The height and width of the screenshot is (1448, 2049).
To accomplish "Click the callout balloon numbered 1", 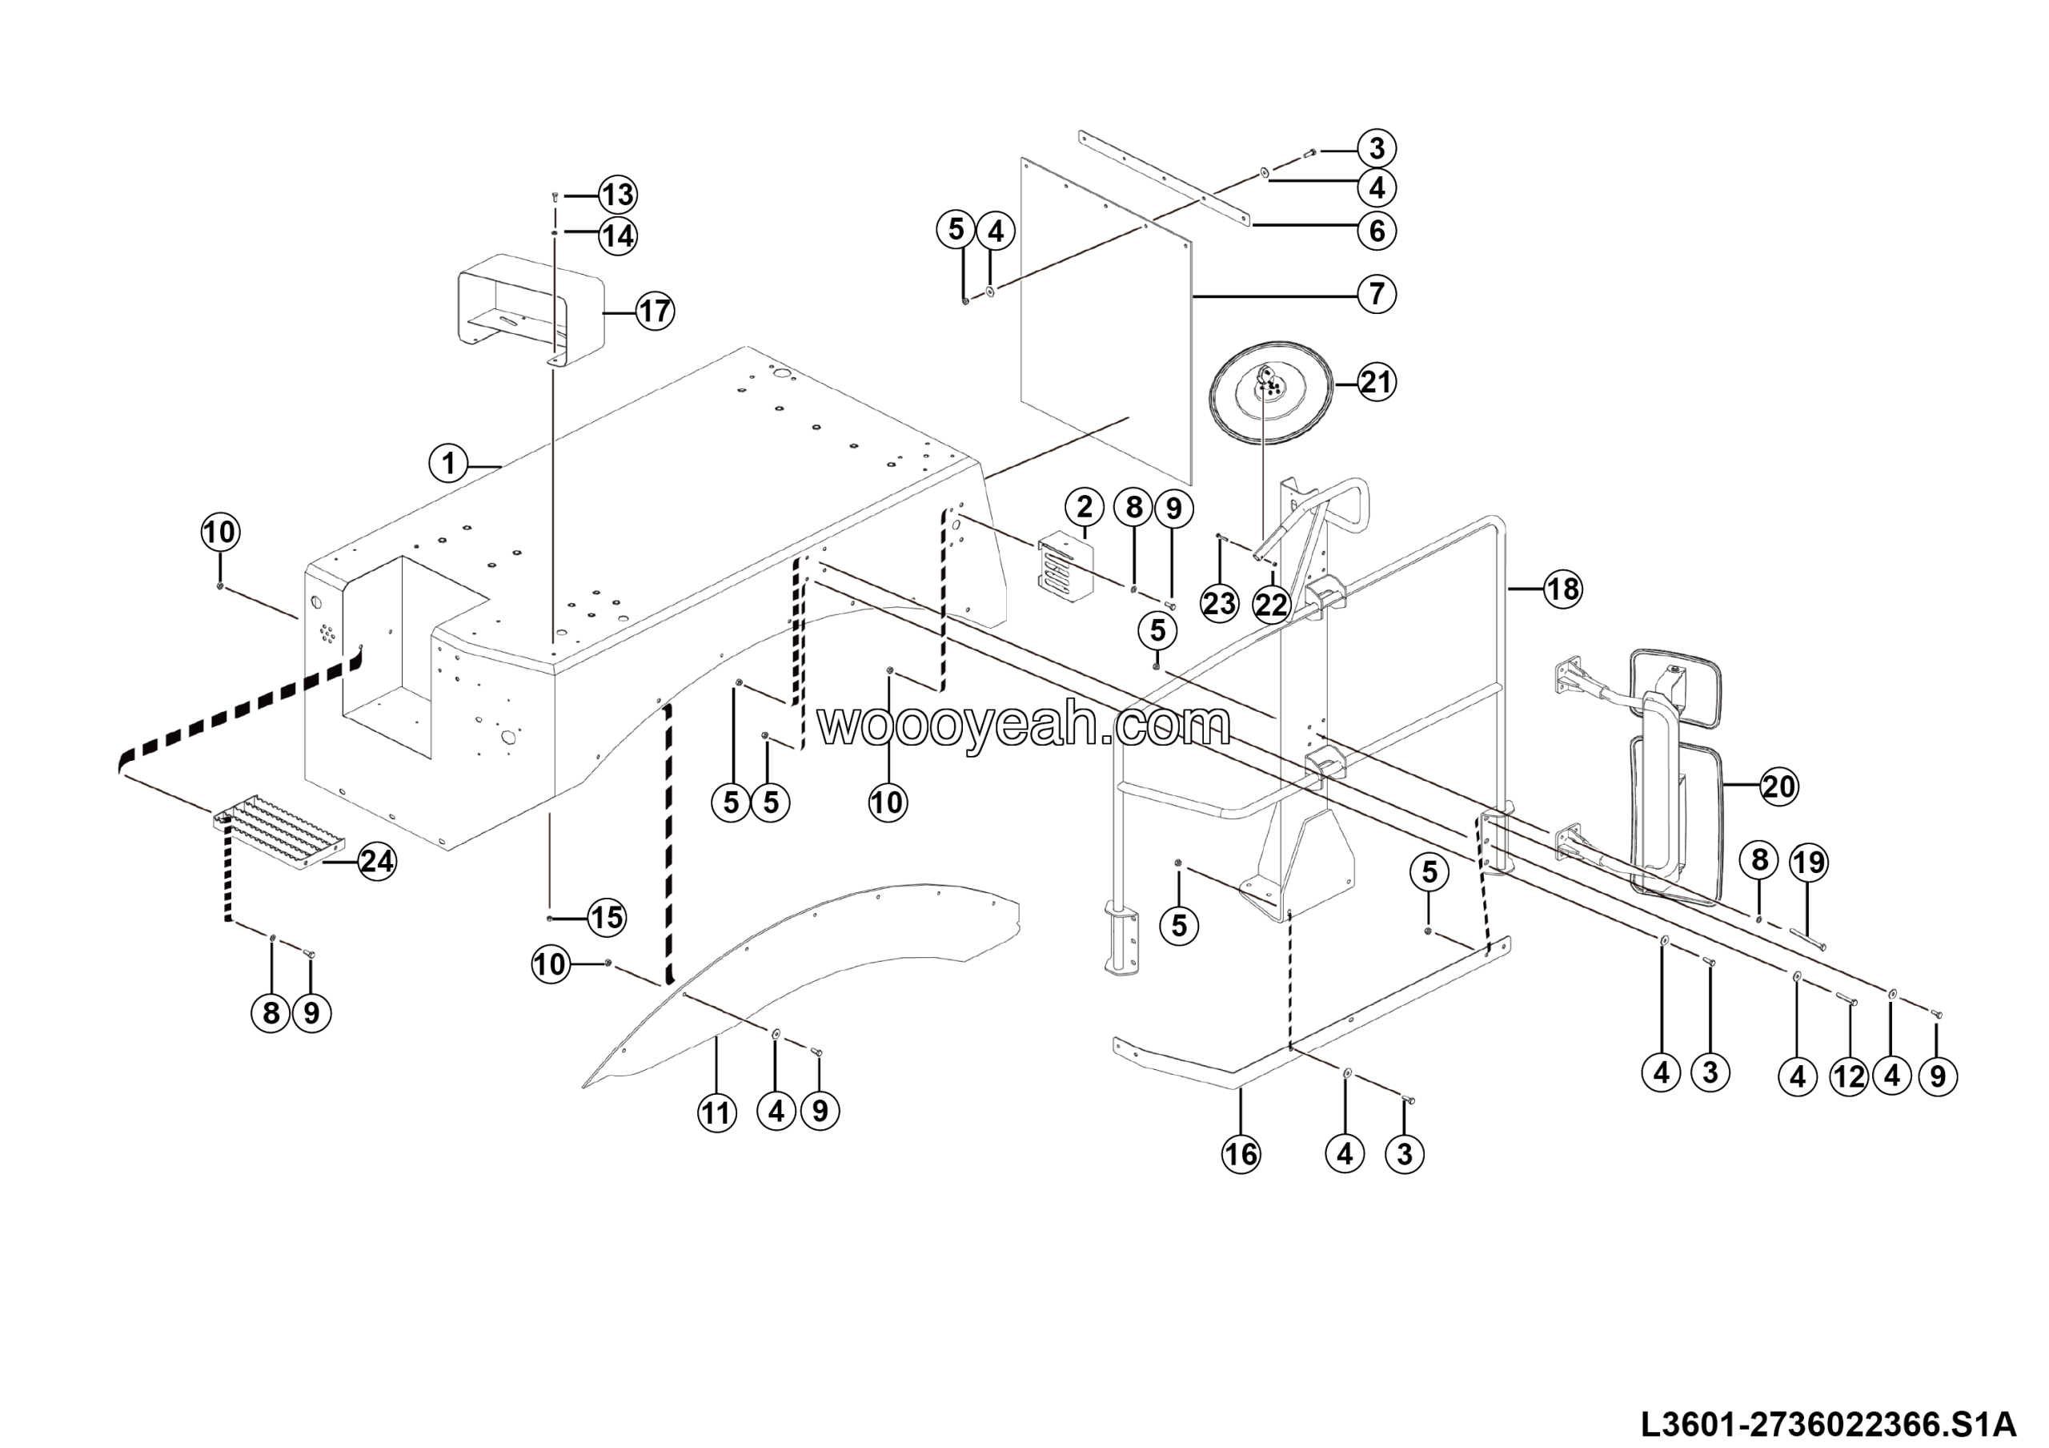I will point(448,464).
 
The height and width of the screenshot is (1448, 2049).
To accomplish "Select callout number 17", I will point(655,312).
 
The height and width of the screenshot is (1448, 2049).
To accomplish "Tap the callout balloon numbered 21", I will point(1375,383).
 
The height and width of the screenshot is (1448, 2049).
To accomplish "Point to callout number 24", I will point(377,862).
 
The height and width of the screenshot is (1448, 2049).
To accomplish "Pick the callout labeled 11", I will point(716,1113).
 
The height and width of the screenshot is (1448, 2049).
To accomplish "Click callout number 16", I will point(1241,1154).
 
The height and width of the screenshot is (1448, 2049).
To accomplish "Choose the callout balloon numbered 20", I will point(1778,787).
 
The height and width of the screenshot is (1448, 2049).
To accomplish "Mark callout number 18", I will point(1562,589).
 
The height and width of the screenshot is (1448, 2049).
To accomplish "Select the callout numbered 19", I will point(1808,863).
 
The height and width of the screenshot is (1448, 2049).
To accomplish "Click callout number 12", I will point(1848,1076).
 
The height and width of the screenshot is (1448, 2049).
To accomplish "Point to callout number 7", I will point(1376,294).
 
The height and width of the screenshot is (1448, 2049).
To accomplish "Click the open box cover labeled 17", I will point(530,308).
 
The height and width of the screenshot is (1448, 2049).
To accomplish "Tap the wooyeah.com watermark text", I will point(1024,725).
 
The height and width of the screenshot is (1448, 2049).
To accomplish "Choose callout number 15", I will point(607,918).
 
